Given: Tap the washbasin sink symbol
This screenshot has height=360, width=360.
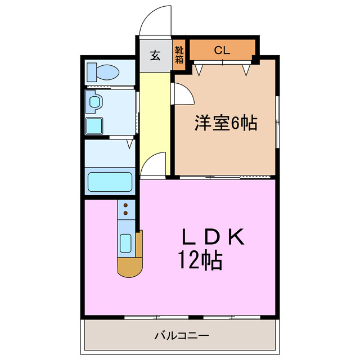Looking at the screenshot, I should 94,102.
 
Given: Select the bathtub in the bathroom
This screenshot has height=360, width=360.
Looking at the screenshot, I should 110,182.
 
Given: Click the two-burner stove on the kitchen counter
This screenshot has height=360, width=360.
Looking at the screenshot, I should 126,210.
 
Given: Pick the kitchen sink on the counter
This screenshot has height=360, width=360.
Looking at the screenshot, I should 126,244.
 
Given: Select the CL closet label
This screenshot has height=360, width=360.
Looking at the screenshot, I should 222,49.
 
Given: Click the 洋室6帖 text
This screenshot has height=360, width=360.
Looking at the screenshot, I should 226,123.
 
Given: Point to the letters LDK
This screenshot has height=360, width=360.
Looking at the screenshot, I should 213,238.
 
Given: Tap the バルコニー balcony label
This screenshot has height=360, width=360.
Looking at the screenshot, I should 182,336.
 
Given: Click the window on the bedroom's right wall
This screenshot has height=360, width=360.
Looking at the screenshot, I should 277,120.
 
